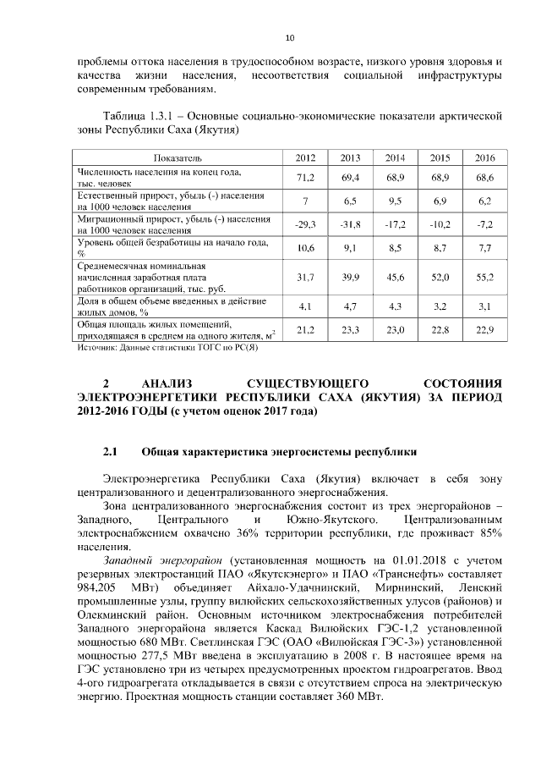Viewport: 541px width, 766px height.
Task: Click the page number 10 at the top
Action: coord(290,38)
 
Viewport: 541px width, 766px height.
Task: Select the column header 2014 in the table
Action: coord(395,158)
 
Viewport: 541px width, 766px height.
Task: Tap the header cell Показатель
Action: coord(177,158)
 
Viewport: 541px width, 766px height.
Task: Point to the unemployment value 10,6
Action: coord(305,248)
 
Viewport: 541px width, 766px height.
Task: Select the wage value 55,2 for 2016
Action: coord(484,278)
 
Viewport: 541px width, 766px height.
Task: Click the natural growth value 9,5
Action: coord(395,201)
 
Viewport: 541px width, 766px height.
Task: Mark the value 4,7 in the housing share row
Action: coord(350,306)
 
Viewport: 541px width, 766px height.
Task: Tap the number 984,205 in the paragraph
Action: coord(102,587)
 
